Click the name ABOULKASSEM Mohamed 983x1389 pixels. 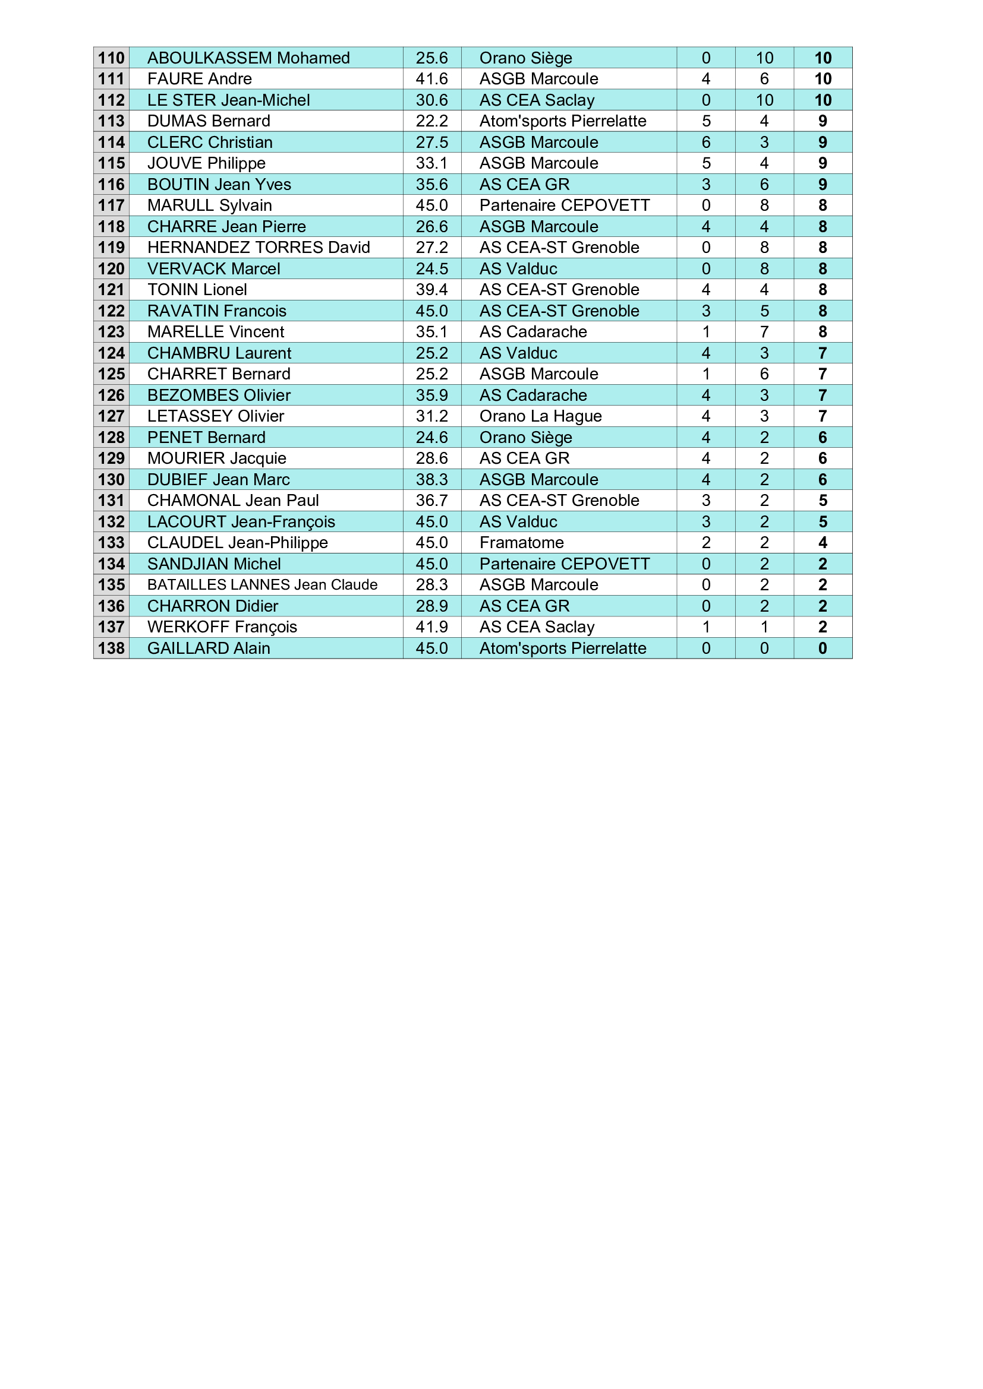click(x=248, y=58)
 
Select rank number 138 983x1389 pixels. click(x=111, y=648)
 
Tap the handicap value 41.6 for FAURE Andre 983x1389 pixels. click(x=431, y=78)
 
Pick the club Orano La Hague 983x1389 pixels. click(x=540, y=416)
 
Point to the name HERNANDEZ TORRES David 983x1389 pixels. click(x=259, y=248)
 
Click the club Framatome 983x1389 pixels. click(x=521, y=543)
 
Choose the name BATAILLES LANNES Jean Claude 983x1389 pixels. click(x=262, y=585)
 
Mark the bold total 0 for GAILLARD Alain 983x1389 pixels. click(x=823, y=648)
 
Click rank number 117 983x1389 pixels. click(x=111, y=205)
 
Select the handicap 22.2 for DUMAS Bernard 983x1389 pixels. click(x=431, y=121)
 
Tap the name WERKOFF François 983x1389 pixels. click(x=222, y=627)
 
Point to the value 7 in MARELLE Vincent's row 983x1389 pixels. click(x=764, y=332)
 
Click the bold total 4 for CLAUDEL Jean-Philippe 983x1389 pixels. click(x=823, y=543)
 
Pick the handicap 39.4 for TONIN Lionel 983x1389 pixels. click(x=431, y=290)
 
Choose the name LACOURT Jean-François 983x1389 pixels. click(x=241, y=521)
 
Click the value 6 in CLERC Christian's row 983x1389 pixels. click(x=706, y=142)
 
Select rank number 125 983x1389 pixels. click(x=111, y=374)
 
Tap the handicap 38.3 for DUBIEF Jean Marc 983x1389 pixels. click(x=431, y=480)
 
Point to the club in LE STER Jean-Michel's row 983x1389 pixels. click(x=537, y=100)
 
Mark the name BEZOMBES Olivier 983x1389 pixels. click(x=219, y=395)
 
